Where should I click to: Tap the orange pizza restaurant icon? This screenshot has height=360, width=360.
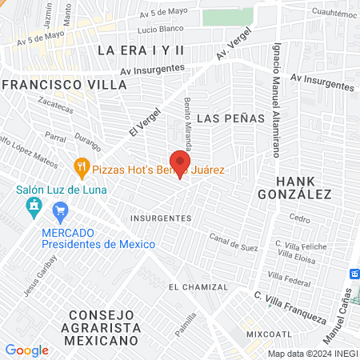click(x=81, y=168)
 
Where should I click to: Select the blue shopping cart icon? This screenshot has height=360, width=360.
click(x=59, y=211)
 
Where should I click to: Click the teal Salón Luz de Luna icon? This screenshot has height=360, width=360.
click(x=34, y=208)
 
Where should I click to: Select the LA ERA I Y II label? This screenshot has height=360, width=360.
click(x=141, y=50)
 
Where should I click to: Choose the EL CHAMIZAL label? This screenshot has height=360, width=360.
click(x=198, y=286)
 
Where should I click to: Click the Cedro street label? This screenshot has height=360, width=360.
click(x=300, y=218)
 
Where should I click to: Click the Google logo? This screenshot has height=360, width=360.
click(x=26, y=350)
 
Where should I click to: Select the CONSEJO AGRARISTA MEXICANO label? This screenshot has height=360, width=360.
click(x=104, y=327)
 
